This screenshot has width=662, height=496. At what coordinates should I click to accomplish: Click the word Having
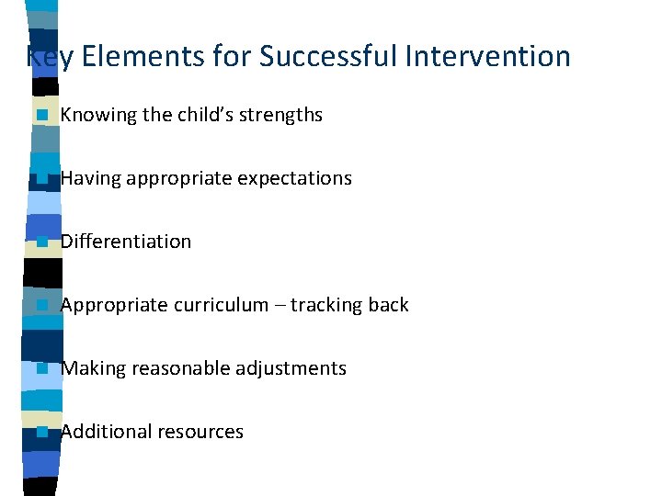point(89,178)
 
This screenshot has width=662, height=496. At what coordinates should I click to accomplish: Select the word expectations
point(294,178)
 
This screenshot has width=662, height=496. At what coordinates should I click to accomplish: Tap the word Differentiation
point(126,242)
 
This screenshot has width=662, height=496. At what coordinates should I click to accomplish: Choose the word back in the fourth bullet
point(390,305)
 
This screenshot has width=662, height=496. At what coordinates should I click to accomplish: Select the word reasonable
point(176,368)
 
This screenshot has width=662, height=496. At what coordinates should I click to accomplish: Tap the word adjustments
point(286,368)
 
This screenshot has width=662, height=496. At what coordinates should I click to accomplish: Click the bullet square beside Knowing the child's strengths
point(41,116)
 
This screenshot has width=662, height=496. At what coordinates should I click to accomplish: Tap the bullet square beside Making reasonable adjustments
point(41,369)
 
